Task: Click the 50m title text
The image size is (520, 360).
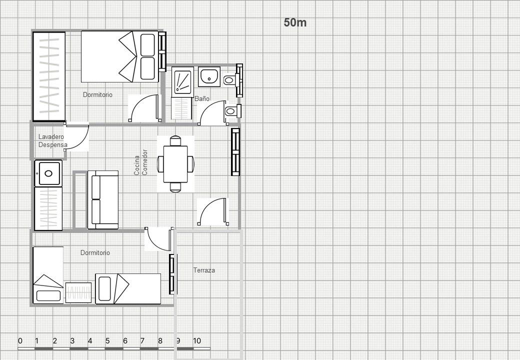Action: (295, 22)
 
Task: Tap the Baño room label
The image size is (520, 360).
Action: (202, 98)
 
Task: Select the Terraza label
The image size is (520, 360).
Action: (204, 270)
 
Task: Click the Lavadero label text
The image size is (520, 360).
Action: (51, 136)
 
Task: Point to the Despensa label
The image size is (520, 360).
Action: (52, 144)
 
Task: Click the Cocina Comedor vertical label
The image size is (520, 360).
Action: (141, 162)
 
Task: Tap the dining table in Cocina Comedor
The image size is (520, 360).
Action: (175, 164)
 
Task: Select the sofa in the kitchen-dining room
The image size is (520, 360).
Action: (103, 200)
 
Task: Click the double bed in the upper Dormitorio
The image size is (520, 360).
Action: (120, 56)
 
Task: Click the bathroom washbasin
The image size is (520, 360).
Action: (209, 76)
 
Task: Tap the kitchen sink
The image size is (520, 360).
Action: (48, 173)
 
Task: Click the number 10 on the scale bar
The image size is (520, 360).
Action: (197, 341)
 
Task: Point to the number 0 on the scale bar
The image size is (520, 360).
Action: (20, 341)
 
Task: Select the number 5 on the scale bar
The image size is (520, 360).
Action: (107, 341)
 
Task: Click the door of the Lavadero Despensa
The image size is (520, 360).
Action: (76, 137)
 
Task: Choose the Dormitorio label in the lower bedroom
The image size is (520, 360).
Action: (95, 252)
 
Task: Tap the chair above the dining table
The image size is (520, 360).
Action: (175, 141)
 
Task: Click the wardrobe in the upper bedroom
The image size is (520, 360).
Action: (49, 76)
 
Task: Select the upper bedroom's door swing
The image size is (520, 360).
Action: (144, 108)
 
